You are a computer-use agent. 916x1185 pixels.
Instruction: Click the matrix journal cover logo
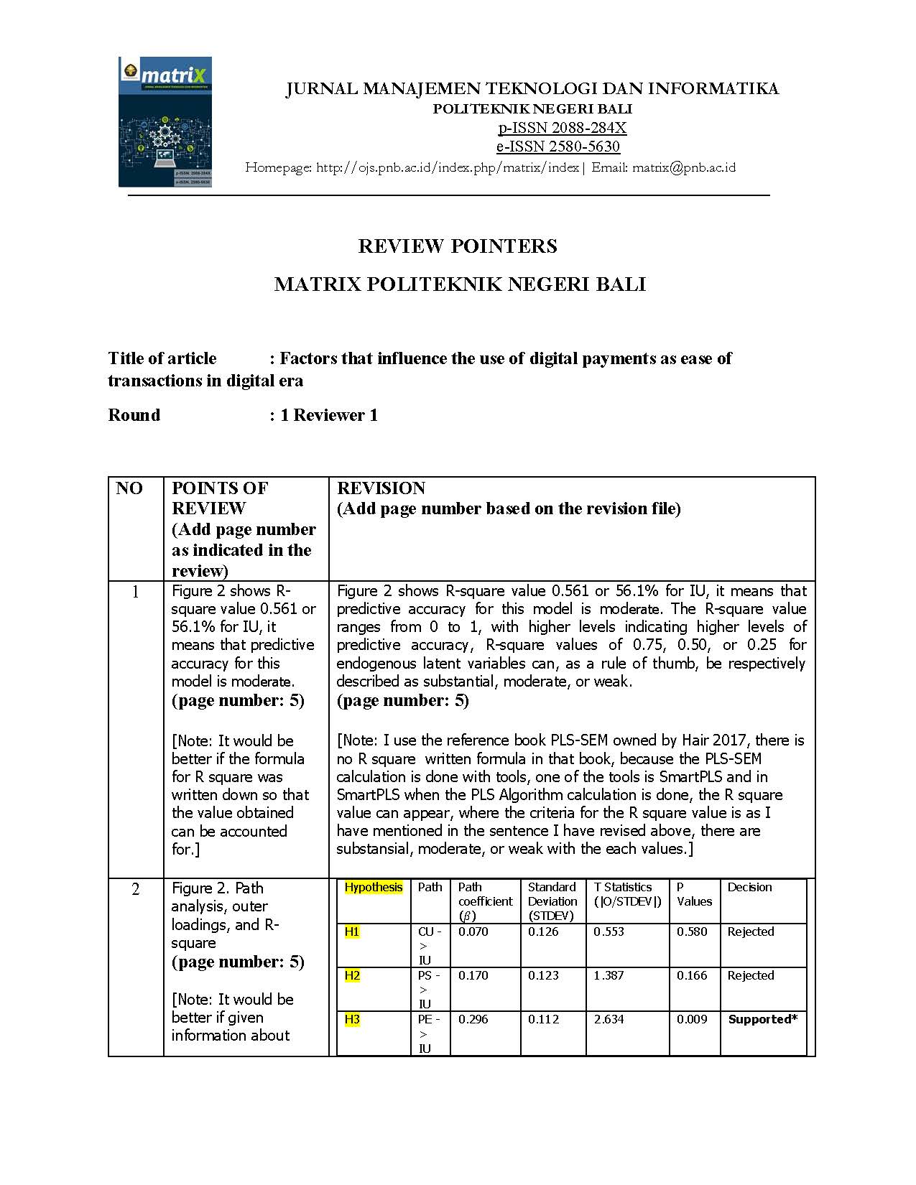pos(165,122)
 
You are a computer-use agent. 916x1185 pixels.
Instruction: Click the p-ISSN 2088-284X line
pos(562,128)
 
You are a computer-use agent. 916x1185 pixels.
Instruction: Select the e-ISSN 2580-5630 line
pos(558,147)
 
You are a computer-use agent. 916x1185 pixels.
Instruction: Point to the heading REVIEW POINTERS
pos(458,246)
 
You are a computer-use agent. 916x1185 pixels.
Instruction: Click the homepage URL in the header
pos(447,167)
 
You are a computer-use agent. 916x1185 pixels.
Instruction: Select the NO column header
pos(129,488)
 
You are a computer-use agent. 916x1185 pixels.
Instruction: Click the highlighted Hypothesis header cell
pos(374,888)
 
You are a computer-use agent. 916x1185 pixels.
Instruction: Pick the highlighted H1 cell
pos(352,932)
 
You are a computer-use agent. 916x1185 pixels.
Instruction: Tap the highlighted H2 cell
pos(352,976)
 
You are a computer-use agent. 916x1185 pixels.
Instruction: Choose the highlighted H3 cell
pos(352,1020)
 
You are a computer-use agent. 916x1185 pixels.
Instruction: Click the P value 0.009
pos(692,1020)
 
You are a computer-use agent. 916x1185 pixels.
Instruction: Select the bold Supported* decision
pos(762,1020)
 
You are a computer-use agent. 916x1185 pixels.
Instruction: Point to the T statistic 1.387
pos(609,976)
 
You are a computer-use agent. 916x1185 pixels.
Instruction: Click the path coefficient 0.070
pos(473,932)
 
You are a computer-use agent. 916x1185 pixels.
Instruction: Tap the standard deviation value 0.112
pos(543,1020)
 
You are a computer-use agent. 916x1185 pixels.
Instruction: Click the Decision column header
pos(749,888)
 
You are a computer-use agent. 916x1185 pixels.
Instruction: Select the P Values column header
pos(694,895)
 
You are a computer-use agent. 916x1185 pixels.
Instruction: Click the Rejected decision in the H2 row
pos(751,976)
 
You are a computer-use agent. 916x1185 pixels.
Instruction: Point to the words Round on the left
pos(134,415)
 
